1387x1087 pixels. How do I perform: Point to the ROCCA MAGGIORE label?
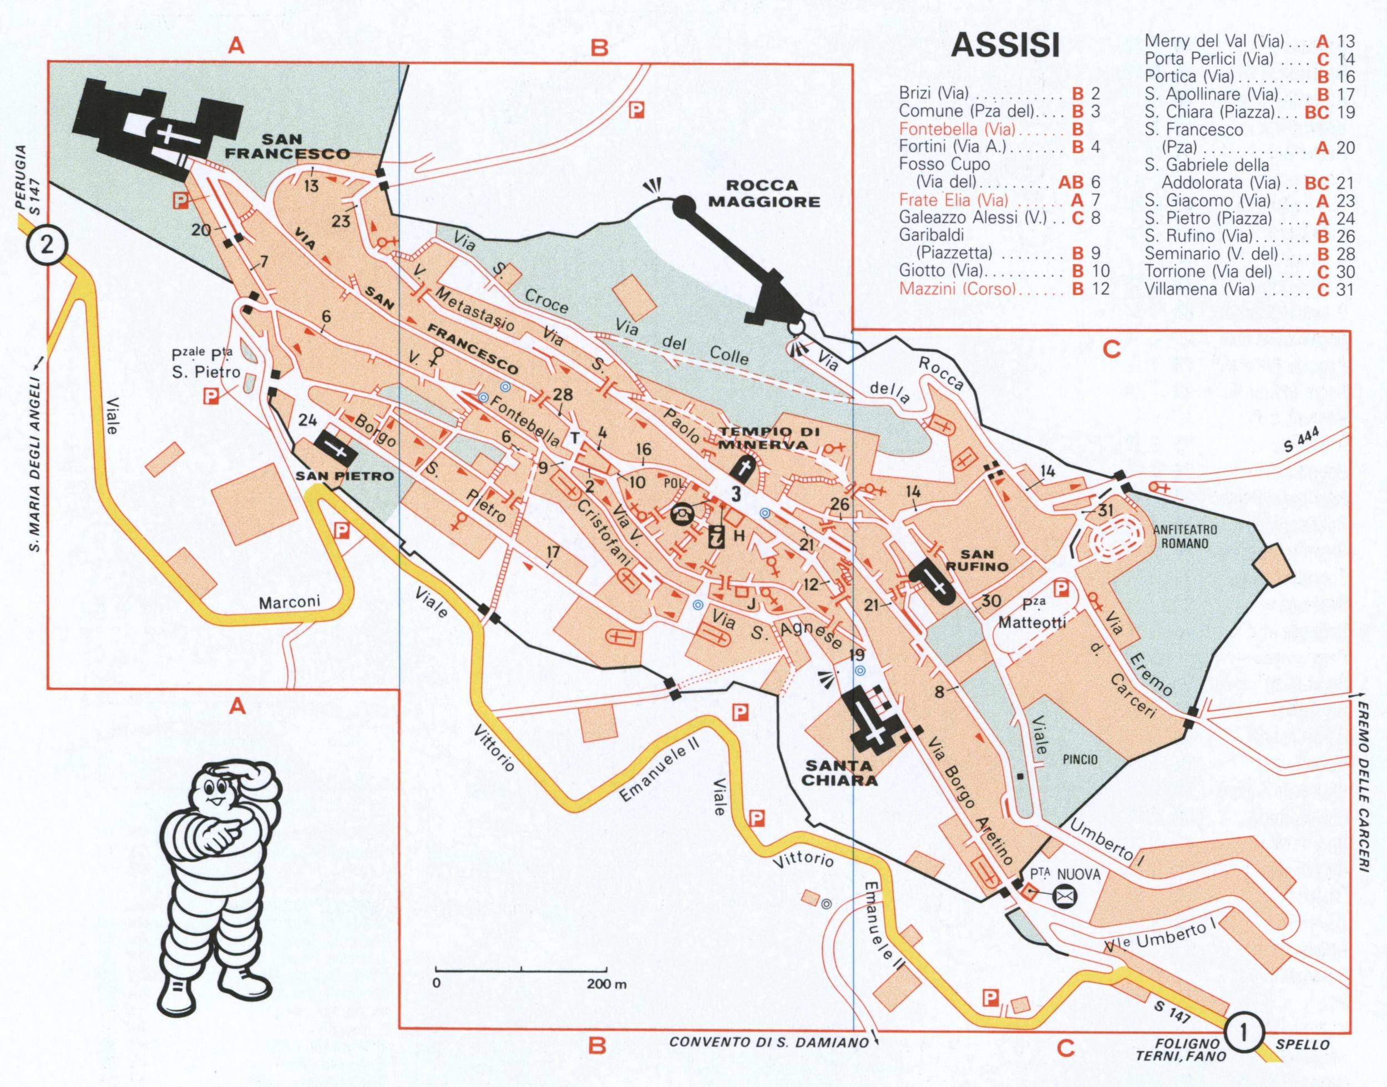pos(763,194)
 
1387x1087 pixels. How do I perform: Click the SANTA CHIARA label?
pos(839,773)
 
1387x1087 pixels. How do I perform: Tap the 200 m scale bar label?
pos(606,984)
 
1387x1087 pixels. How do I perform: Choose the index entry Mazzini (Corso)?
pos(958,289)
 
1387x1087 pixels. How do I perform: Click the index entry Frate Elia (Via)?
pos(954,200)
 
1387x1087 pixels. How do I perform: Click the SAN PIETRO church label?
pos(344,476)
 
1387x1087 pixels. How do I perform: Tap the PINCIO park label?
pos(1080,759)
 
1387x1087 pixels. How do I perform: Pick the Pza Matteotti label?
pos(1031,615)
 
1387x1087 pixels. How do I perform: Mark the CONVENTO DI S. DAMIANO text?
pos(768,1043)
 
